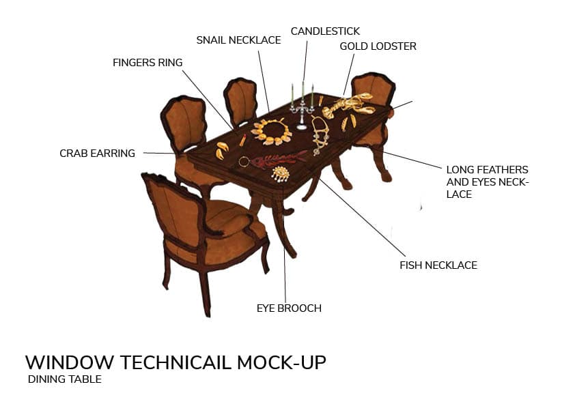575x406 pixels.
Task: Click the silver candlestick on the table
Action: tap(302, 106)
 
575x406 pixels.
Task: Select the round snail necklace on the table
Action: tap(272, 130)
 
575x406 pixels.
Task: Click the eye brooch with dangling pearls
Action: tap(280, 175)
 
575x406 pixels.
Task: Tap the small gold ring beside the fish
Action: tap(244, 162)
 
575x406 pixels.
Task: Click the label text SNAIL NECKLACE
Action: tap(238, 40)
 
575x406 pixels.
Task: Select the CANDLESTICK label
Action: tap(325, 31)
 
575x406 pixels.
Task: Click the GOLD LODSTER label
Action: tap(378, 46)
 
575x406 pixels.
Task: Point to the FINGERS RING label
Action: tap(148, 63)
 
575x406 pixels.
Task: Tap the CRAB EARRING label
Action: tap(97, 154)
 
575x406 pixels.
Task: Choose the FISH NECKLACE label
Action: tap(438, 265)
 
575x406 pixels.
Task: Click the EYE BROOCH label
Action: tap(289, 308)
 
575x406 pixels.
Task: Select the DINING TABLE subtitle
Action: tap(64, 379)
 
